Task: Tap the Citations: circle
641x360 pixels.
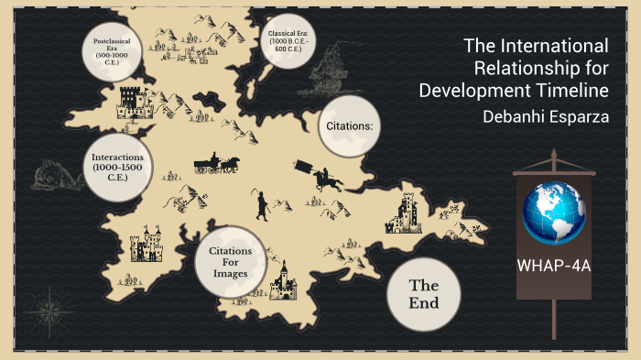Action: pos(349,126)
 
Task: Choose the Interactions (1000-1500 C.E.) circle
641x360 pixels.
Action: pos(116,166)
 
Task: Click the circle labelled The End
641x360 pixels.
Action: pos(423,293)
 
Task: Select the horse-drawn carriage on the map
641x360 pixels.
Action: pos(216,163)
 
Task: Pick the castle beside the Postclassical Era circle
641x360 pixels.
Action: pos(135,103)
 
